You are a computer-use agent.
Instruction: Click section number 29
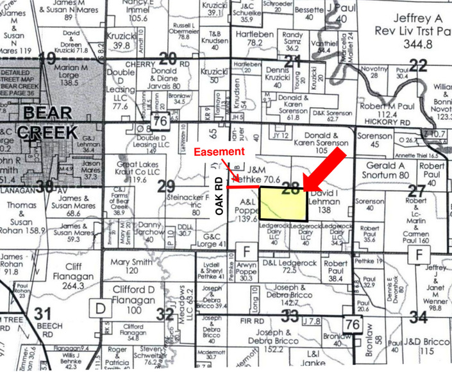tap(166, 186)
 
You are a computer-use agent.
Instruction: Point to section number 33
tap(290, 315)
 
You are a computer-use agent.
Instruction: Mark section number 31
tap(42, 314)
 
